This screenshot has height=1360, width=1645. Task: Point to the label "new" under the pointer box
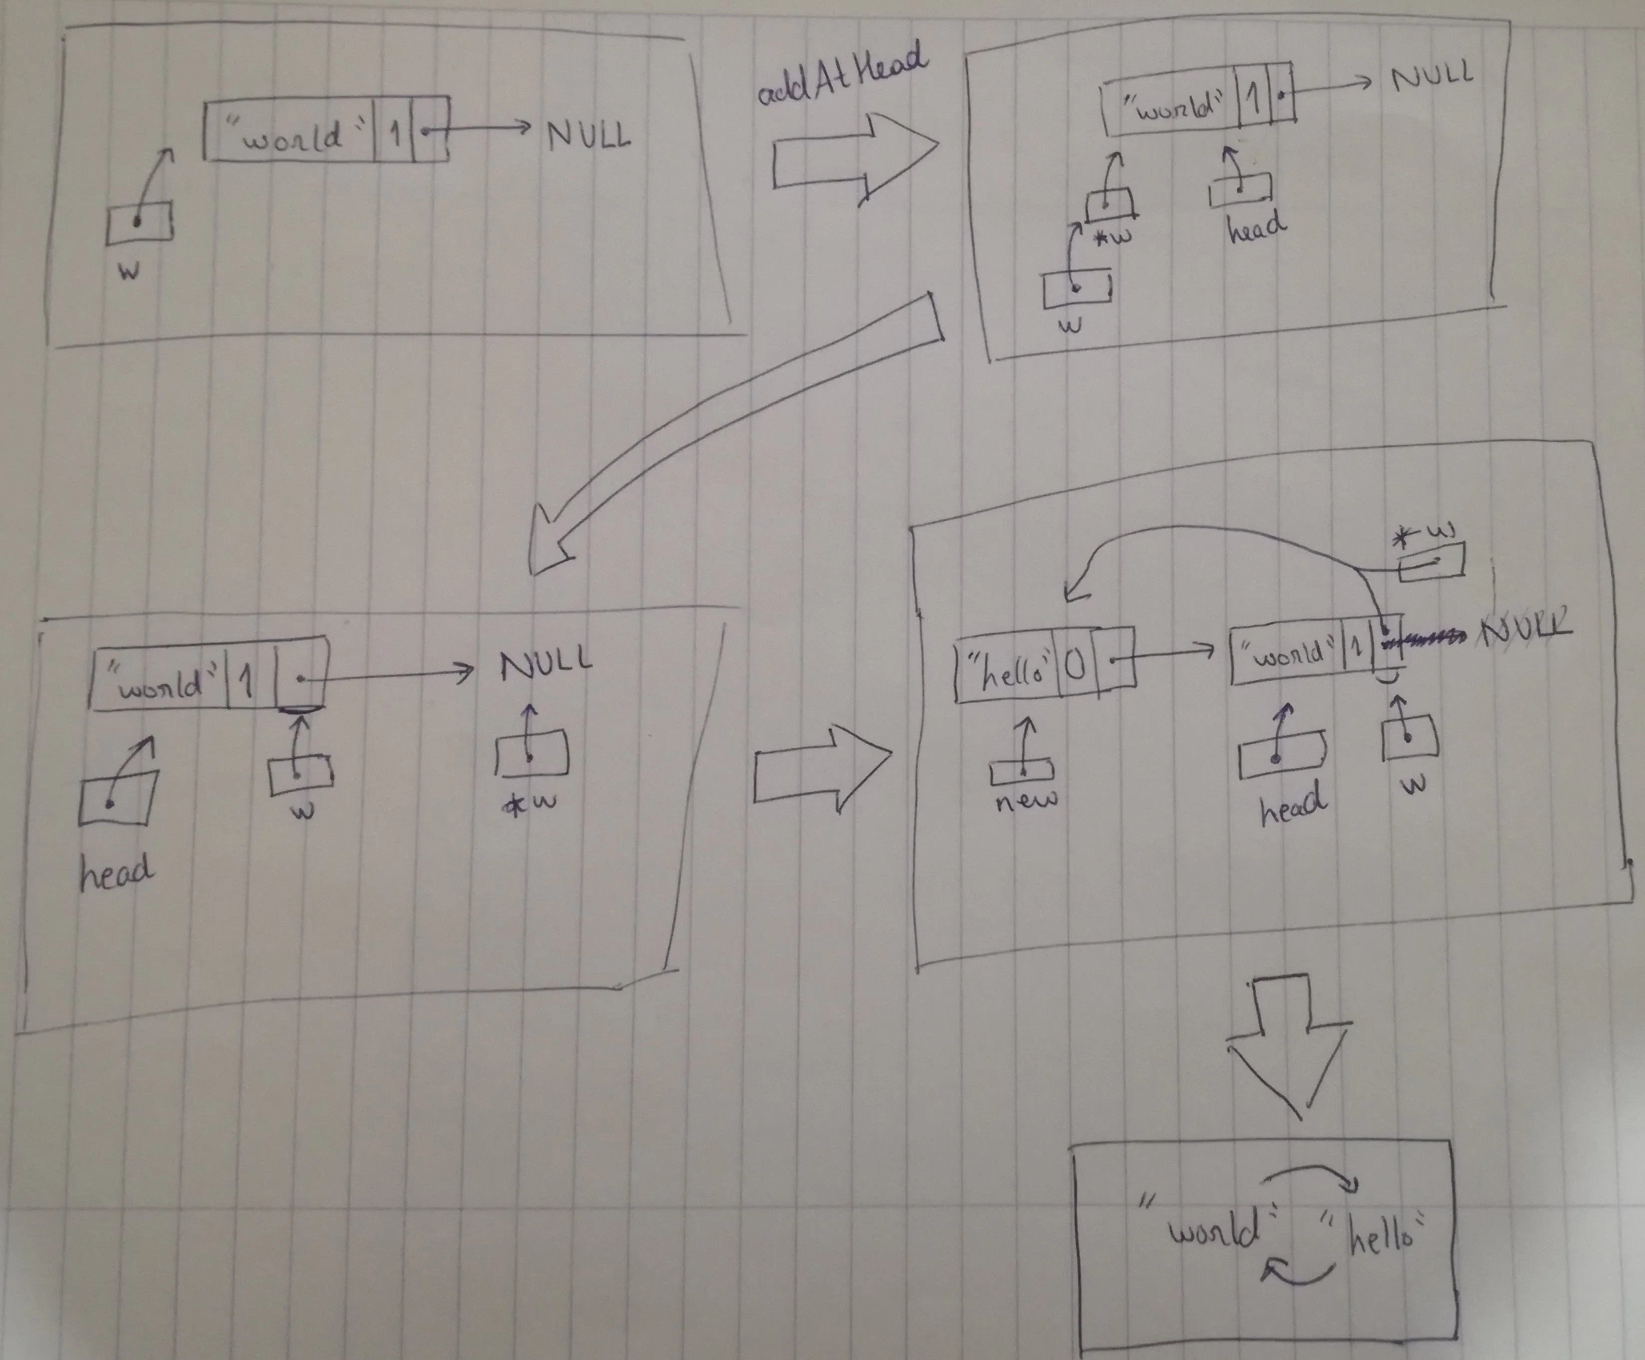[x=1027, y=800]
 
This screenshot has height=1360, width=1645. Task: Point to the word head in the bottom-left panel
[x=116, y=872]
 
